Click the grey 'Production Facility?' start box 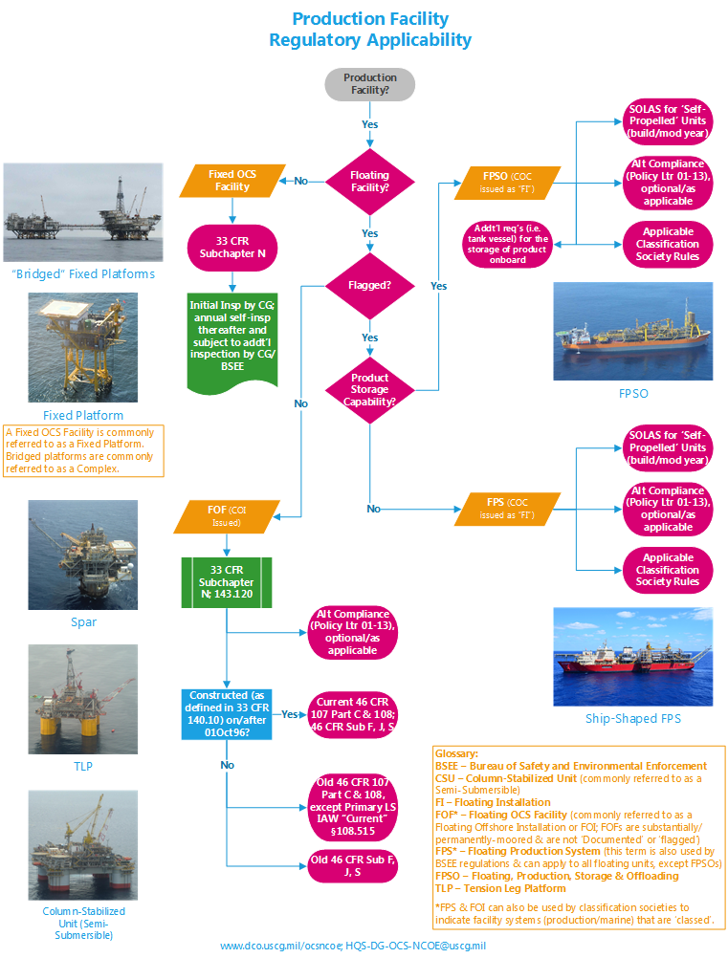(x=369, y=83)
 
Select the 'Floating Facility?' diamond (x=369, y=182)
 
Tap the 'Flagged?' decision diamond (x=369, y=284)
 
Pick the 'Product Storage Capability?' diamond (x=369, y=389)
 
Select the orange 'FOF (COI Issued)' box (x=226, y=517)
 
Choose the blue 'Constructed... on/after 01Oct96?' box (x=226, y=713)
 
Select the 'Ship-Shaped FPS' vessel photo (x=632, y=657)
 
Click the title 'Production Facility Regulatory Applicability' (x=369, y=30)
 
